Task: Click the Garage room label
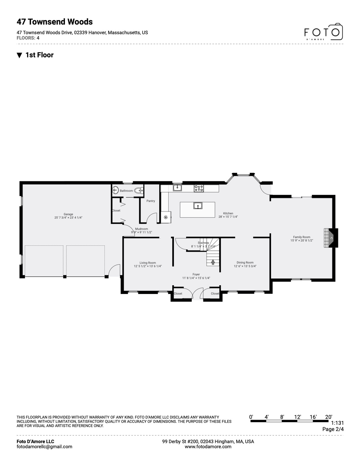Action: tap(68, 214)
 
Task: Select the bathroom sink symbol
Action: tap(115, 190)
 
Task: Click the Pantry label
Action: tap(151, 201)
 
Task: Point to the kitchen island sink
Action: tap(198, 206)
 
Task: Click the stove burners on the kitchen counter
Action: tap(199, 188)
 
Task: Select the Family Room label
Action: tap(301, 237)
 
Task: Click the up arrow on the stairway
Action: tap(213, 262)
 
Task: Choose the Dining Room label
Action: tap(245, 262)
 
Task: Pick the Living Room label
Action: tap(148, 263)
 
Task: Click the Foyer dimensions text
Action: tap(196, 278)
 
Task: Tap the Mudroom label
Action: tap(142, 229)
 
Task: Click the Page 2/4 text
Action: tap(333, 429)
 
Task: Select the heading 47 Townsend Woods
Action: tap(55, 22)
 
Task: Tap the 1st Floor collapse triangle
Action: tap(19, 55)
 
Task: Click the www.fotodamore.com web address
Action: tap(208, 447)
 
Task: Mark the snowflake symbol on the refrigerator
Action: tap(166, 217)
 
